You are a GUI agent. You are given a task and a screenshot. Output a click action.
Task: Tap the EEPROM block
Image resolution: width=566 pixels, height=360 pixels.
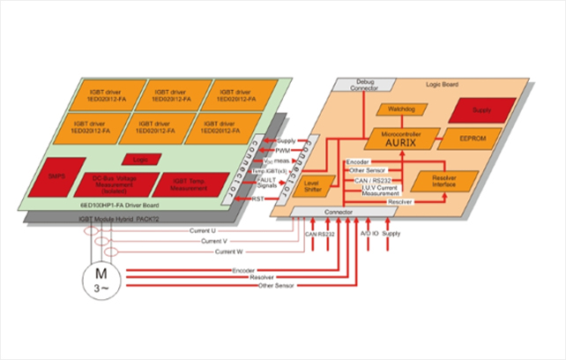tap(466, 139)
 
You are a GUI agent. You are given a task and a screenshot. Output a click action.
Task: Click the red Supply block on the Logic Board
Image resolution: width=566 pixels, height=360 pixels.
tap(480, 109)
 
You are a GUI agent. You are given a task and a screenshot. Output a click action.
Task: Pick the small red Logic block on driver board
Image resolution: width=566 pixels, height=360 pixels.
tap(138, 160)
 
